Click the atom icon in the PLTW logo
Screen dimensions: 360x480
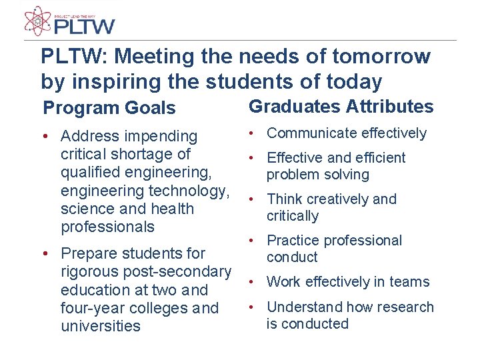pos(37,21)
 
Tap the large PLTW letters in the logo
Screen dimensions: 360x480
pos(85,26)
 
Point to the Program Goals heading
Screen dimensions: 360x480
pos(109,108)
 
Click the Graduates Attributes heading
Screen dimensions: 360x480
pos(341,107)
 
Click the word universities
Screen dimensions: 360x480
pos(101,326)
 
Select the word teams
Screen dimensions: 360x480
pos(410,282)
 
